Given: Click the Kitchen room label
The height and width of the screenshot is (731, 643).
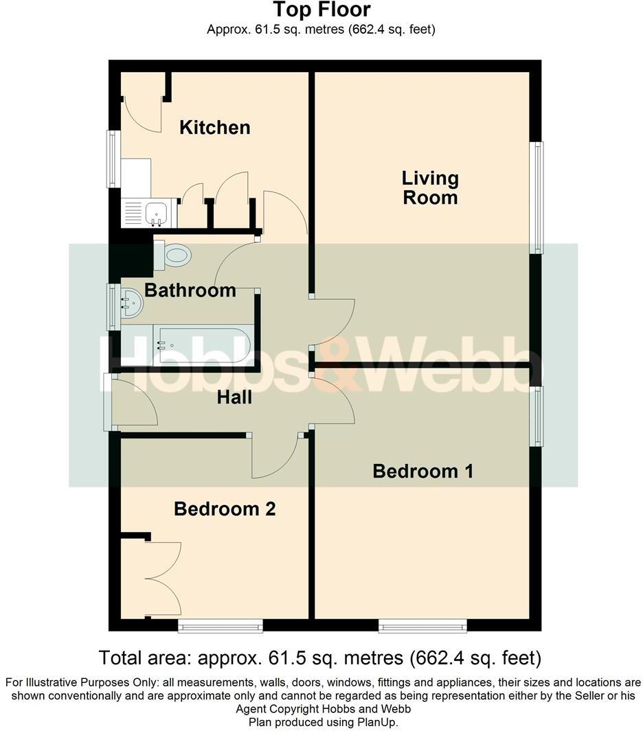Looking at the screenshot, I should point(214,128).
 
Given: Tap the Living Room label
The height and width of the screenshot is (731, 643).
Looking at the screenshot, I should point(430,188).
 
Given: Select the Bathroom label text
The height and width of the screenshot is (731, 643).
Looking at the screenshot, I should point(190,290).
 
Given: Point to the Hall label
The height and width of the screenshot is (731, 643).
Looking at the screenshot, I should point(234,397).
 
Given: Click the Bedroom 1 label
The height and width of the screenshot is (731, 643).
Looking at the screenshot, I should point(423,472).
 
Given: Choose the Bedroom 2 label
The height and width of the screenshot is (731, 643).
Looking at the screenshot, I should point(225,509).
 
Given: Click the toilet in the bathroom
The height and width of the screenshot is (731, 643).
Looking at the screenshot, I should point(174,256).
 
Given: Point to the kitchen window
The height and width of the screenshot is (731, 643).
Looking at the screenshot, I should point(112,159).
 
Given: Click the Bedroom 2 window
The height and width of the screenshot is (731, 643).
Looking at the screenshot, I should point(221,625).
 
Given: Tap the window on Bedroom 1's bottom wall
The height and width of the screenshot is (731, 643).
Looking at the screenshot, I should point(422,625).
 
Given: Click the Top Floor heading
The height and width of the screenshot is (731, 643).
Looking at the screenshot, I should point(321,10).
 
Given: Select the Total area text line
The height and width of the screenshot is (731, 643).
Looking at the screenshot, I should point(321,658).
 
